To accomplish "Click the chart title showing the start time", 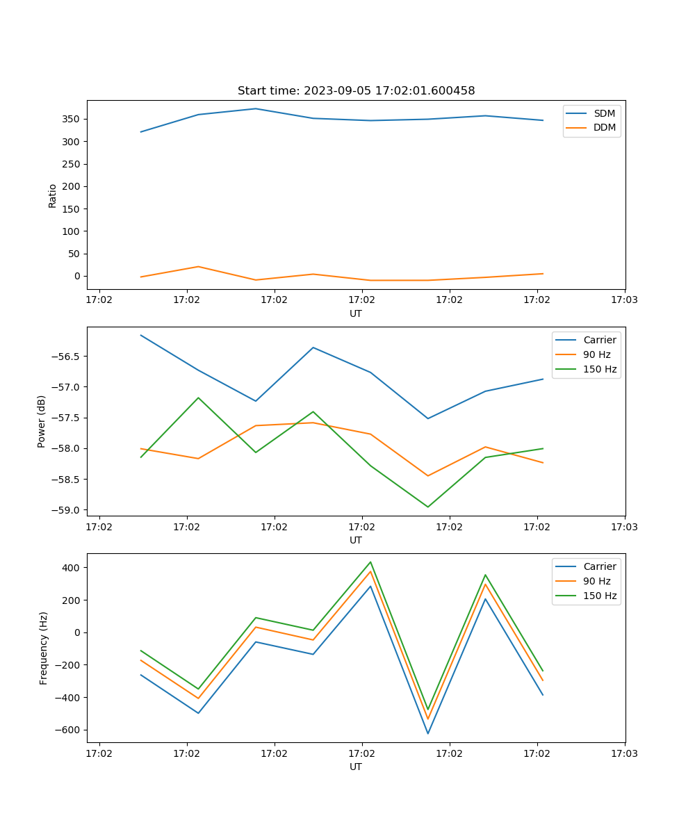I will coord(356,91).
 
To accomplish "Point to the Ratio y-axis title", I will coord(53,195).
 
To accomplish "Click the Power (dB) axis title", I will coord(42,421).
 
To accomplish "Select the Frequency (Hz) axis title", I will coord(44,648).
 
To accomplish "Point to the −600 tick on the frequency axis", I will coord(65,730).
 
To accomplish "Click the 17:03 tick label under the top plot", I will coord(624,300).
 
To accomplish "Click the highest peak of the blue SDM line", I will coord(256,108).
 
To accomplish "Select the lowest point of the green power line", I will coord(427,507).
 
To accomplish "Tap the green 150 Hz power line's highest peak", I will coord(198,398).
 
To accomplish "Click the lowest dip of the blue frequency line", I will coord(427,733).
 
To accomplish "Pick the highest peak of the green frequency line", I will coord(370,562).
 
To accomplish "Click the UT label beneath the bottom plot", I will coord(356,767).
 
